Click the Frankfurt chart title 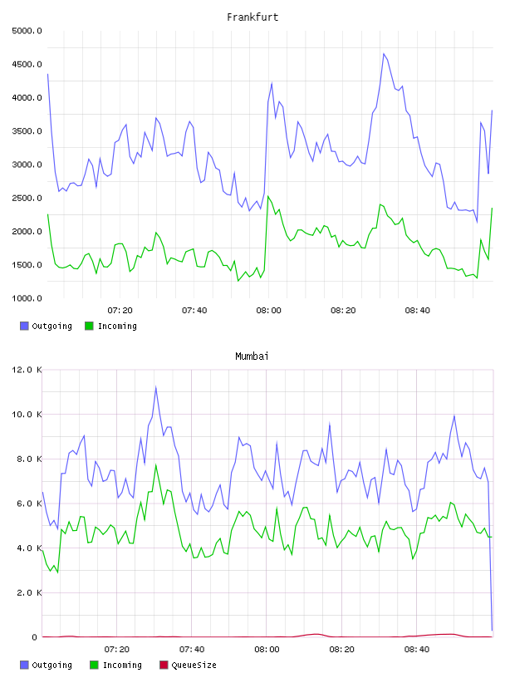click(x=252, y=17)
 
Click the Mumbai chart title click(x=252, y=356)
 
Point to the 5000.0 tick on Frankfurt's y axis click(x=27, y=31)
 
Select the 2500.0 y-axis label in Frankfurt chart click(x=27, y=198)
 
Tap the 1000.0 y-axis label click(x=27, y=298)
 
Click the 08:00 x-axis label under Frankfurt click(x=268, y=311)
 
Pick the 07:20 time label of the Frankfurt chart click(x=120, y=311)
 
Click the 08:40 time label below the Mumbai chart click(x=417, y=650)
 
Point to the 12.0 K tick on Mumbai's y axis click(x=27, y=370)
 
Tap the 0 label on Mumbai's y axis click(x=34, y=637)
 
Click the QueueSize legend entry click(x=194, y=665)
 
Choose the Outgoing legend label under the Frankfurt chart click(x=51, y=326)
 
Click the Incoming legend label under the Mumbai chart click(x=122, y=665)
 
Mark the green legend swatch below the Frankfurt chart click(x=89, y=326)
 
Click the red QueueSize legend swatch click(x=164, y=665)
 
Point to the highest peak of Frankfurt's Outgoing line click(x=384, y=54)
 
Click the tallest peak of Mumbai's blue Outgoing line click(x=155, y=386)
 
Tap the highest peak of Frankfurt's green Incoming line click(x=268, y=196)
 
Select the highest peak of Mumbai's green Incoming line click(x=155, y=464)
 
